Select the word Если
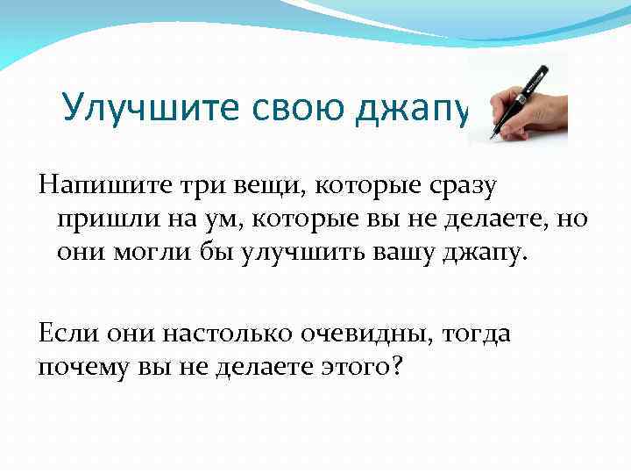pyautogui.click(x=69, y=333)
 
